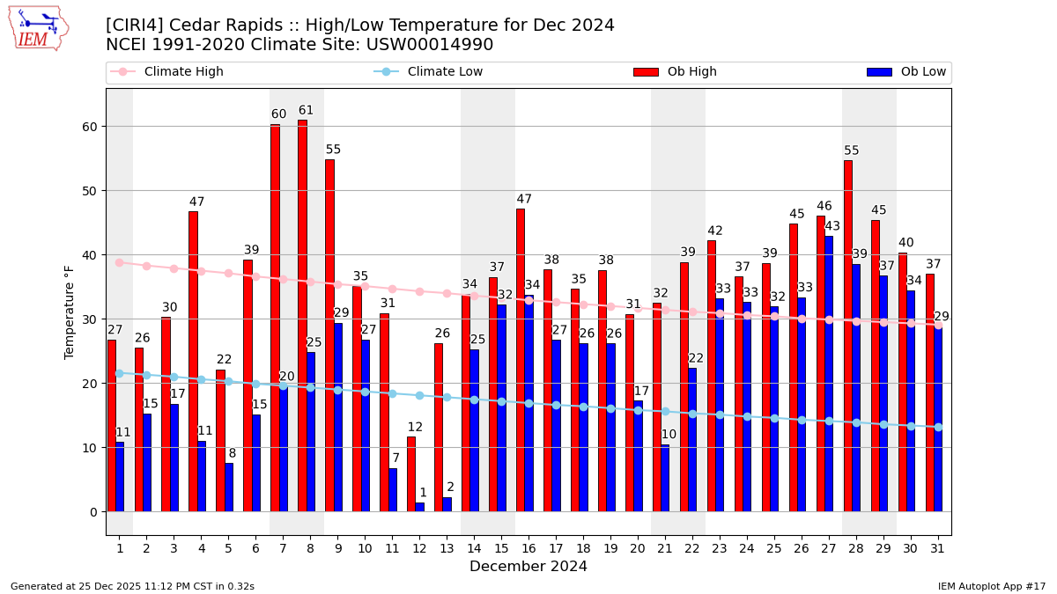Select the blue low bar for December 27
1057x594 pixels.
[x=829, y=373]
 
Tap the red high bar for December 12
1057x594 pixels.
[x=411, y=473]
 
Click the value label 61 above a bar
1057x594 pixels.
[x=306, y=111]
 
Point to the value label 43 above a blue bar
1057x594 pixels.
[x=832, y=226]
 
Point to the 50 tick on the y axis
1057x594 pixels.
[x=92, y=191]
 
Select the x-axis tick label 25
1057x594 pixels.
[x=774, y=548]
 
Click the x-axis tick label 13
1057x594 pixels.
[x=447, y=548]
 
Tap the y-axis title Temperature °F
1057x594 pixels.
[x=70, y=312]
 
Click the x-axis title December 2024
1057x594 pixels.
[x=528, y=567]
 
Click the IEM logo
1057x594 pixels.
[x=38, y=28]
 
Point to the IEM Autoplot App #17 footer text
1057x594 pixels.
[x=991, y=586]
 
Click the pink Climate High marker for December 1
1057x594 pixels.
[x=119, y=262]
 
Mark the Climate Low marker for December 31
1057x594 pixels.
[x=938, y=427]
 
